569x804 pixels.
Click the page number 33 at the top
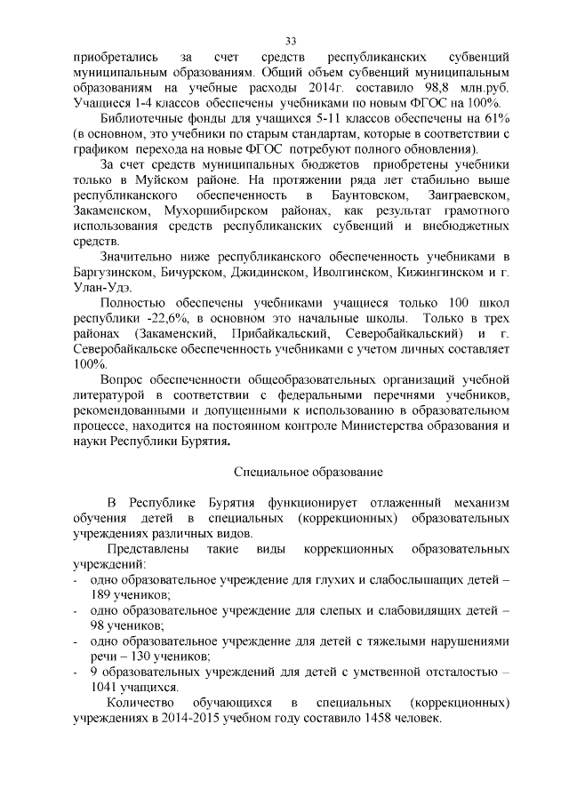(x=291, y=41)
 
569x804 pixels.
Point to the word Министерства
(x=387, y=426)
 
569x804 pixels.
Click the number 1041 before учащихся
(x=105, y=687)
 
